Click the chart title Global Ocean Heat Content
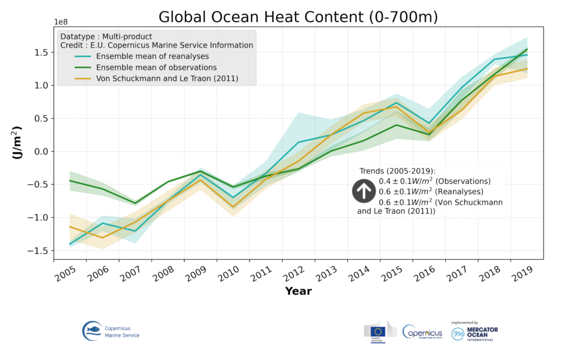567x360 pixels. point(298,17)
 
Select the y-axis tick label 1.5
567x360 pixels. point(42,53)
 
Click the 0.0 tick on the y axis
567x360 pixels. point(42,152)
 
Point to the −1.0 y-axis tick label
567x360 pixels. point(40,218)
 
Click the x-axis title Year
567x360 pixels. point(298,291)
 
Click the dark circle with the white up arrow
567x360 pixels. point(363,191)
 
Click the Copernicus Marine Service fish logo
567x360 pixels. point(92,331)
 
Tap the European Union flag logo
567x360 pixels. point(379,331)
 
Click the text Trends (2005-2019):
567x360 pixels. point(398,171)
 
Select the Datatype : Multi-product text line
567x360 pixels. point(106,37)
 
